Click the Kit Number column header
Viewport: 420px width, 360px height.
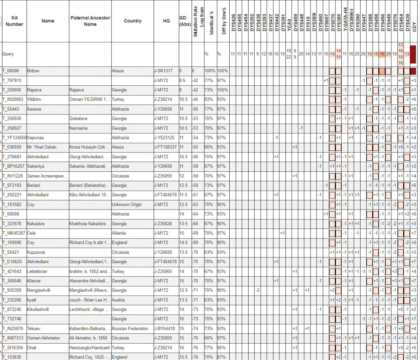coord(14,21)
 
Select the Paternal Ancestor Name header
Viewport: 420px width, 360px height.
coord(90,21)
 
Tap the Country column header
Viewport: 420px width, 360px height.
coord(132,21)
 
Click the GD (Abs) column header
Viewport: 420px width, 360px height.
coord(184,21)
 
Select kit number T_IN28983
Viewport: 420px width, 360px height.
coord(14,99)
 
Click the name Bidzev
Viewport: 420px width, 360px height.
coord(34,71)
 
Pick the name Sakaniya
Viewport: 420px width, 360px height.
coord(36,166)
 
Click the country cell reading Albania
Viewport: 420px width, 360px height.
coord(119,233)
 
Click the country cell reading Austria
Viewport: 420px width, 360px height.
coord(119,300)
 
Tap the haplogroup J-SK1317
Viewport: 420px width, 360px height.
coord(163,71)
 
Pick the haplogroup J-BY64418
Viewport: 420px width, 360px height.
coord(164,328)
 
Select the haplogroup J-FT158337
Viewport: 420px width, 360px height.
coord(165,147)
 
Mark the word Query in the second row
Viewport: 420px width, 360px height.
coord(8,54)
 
